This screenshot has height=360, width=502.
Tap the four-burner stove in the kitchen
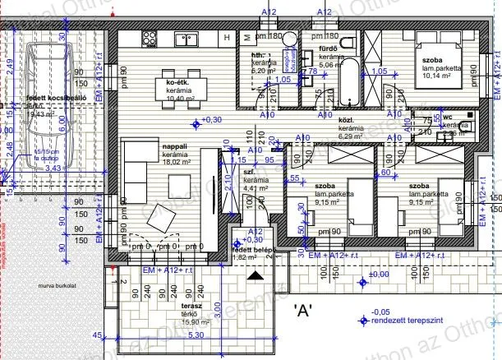click(150, 38)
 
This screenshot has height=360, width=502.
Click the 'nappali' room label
click(175, 145)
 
